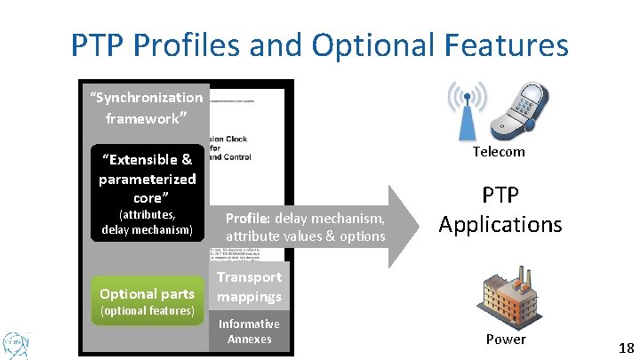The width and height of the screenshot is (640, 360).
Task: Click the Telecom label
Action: [x=498, y=151]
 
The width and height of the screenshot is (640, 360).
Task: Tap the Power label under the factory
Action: [x=505, y=339]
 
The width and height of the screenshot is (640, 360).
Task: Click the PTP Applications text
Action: [x=500, y=210]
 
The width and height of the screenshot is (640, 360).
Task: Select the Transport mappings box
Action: [x=249, y=286]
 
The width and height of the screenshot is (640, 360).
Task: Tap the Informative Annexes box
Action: [x=249, y=331]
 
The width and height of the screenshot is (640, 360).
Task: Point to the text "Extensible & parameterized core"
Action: [x=147, y=178]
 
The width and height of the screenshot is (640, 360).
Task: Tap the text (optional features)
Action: [x=147, y=310]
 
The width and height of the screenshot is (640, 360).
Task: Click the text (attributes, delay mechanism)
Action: [x=147, y=222]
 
